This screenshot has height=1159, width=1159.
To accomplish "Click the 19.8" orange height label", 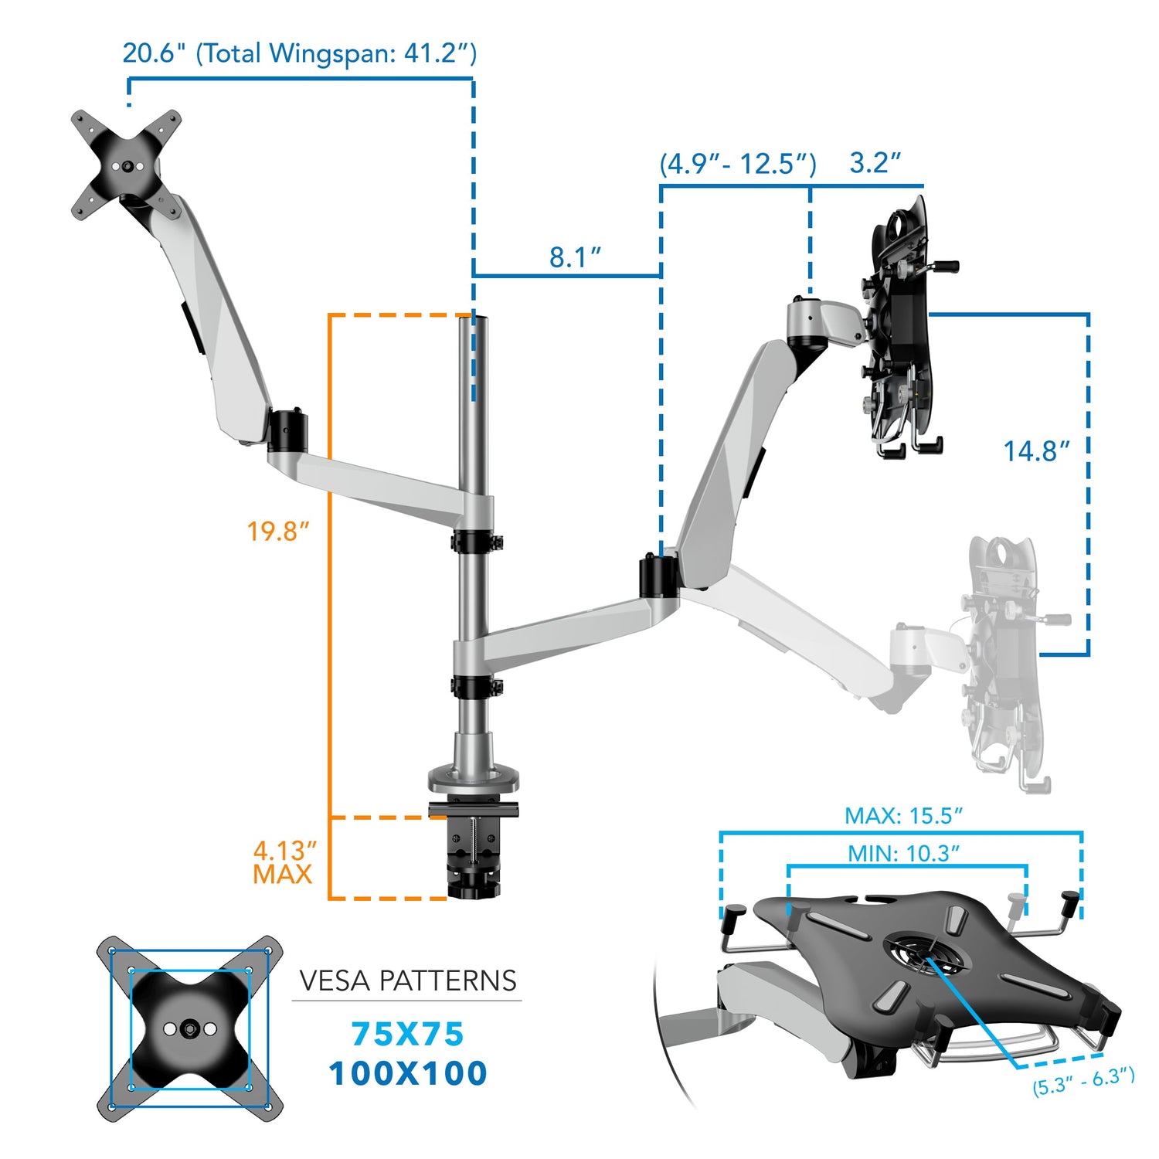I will coord(277,532).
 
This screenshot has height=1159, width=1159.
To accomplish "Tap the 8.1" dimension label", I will coord(575,257).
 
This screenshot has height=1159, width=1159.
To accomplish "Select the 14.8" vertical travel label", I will coord(1036,451).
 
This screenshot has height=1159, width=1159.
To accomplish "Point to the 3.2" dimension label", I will coord(875,163).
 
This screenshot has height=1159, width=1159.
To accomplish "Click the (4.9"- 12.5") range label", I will coord(737,164).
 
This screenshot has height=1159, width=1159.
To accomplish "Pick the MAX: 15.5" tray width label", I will coord(903,816).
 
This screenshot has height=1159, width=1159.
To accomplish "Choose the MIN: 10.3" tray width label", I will coord(903,854).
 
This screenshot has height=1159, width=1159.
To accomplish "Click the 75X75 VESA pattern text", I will coord(407,1034).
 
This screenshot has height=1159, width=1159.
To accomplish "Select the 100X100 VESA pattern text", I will coord(407,1073).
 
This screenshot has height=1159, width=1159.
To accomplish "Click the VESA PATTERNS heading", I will coord(407,981).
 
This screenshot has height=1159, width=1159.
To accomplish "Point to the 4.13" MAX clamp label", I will coord(284,862).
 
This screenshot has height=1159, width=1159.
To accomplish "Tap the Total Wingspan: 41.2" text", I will coord(337,53).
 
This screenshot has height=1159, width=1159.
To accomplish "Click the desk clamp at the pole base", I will coord(473,850).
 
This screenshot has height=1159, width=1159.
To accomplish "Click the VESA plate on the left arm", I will coord(127,165).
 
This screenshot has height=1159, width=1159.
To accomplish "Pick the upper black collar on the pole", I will coord(474,541).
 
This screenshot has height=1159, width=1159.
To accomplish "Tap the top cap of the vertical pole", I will coord(474,319).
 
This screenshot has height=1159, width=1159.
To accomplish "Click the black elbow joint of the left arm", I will coord(287,430).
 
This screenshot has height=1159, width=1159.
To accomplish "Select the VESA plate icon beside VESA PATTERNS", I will coord(189,1028).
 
